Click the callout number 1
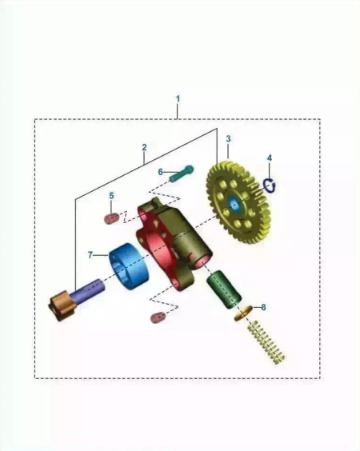pyautogui.click(x=178, y=98)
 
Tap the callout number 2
pyautogui.click(x=144, y=147)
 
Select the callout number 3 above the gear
pyautogui.click(x=228, y=138)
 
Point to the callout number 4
pyautogui.click(x=270, y=158)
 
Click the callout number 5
pyautogui.click(x=112, y=196)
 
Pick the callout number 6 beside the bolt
pyautogui.click(x=161, y=172)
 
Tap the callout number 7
pyautogui.click(x=90, y=255)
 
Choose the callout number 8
pyautogui.click(x=263, y=307)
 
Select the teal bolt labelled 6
pyautogui.click(x=182, y=174)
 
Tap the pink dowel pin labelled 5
pyautogui.click(x=112, y=218)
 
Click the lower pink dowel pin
pyautogui.click(x=158, y=317)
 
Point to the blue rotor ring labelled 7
pyautogui.click(x=129, y=266)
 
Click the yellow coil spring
pyautogui.click(x=266, y=342)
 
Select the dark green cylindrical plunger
pyautogui.click(x=223, y=289)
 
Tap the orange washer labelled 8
pyautogui.click(x=243, y=313)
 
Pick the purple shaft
pyautogui.click(x=88, y=290)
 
